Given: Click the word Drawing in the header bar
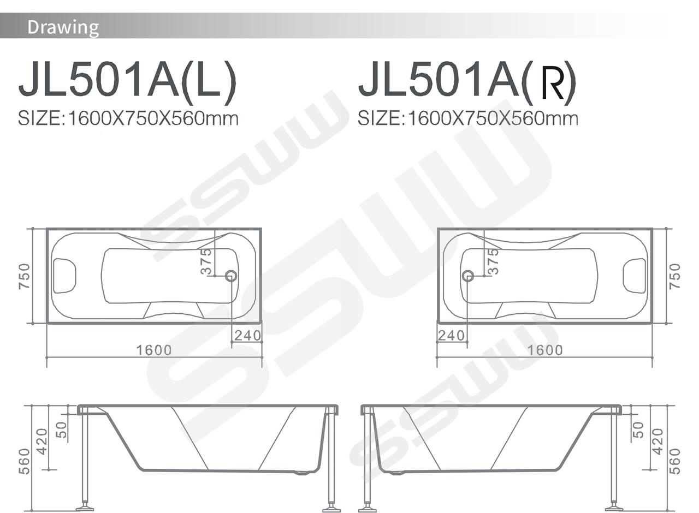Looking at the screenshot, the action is (x=63, y=27).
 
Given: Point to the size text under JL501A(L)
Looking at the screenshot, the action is (x=128, y=118).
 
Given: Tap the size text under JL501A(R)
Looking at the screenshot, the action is (x=468, y=118).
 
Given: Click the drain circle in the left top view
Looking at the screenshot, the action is (x=231, y=276).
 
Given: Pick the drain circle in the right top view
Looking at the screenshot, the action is (x=467, y=276).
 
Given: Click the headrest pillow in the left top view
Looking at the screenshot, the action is (x=64, y=276).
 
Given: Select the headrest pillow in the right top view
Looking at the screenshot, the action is (x=635, y=276).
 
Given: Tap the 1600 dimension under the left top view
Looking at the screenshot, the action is (x=154, y=350).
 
